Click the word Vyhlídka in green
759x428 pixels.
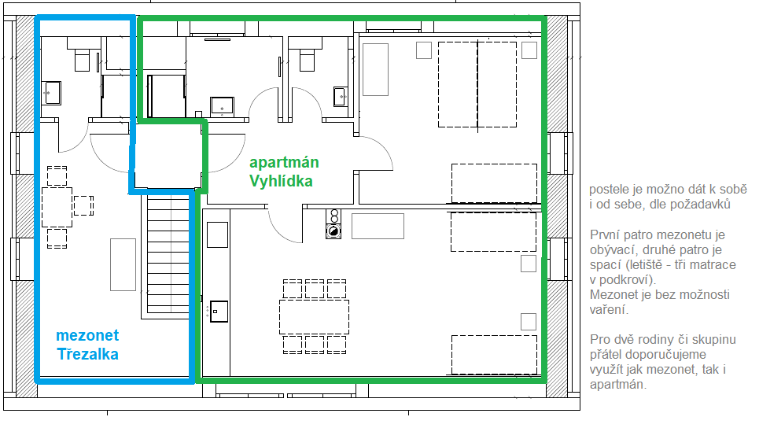[x=281, y=181]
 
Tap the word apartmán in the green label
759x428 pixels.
[x=284, y=163]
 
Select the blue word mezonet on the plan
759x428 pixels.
[x=87, y=335]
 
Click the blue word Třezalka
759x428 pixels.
[x=87, y=354]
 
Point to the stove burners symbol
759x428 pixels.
[x=333, y=224]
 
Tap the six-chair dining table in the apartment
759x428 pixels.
[x=314, y=316]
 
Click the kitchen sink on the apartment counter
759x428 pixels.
[x=219, y=312]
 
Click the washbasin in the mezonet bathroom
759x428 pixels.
[x=52, y=93]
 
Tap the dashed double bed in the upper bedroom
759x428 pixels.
[x=477, y=85]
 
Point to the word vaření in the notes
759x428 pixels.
[x=609, y=309]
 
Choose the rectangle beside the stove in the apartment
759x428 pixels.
[x=378, y=226]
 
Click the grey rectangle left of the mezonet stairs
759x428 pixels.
[x=123, y=264]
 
